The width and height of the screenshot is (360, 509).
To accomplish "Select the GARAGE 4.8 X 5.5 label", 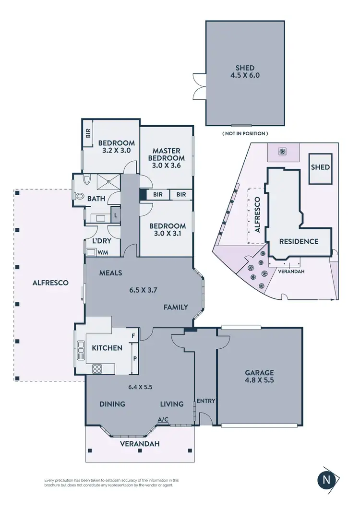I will pyautogui.click(x=259, y=376).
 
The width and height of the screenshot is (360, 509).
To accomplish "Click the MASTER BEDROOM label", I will pyautogui.click(x=166, y=158).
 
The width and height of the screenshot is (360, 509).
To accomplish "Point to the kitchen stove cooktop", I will pyautogui.click(x=97, y=368).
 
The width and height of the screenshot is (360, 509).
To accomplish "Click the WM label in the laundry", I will pyautogui.click(x=103, y=252).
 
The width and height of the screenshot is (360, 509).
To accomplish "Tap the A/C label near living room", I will pyautogui.click(x=163, y=419).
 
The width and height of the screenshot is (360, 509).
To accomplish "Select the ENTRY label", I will pyautogui.click(x=205, y=401).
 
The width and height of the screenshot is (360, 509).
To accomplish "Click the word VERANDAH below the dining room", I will pyautogui.click(x=140, y=443).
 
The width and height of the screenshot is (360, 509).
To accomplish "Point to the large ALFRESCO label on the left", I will pyautogui.click(x=50, y=283).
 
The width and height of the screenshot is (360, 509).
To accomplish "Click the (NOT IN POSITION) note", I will pyautogui.click(x=245, y=133).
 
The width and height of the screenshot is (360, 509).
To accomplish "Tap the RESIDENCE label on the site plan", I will pyautogui.click(x=299, y=241).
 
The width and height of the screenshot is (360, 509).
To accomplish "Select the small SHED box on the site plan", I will pyautogui.click(x=320, y=167).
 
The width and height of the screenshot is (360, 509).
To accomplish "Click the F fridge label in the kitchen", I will pyautogui.click(x=133, y=336).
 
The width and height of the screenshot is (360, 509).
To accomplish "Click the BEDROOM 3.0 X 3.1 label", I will pyautogui.click(x=167, y=230).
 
